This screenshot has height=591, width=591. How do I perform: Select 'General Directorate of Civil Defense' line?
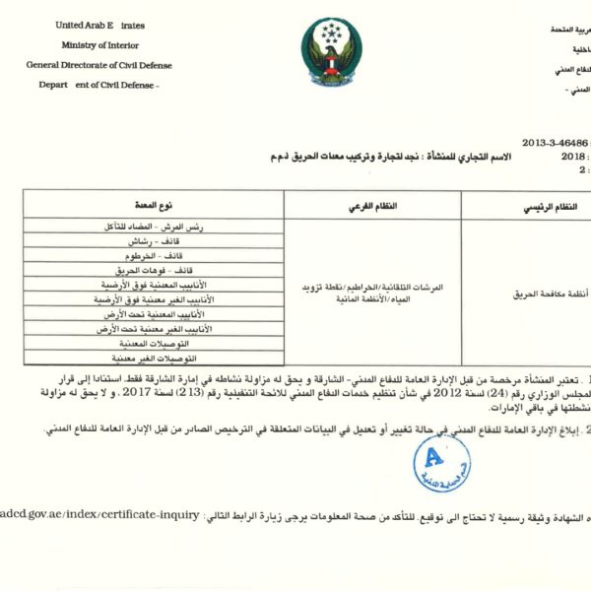[x=98, y=65]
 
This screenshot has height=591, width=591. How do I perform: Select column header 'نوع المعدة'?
[x=153, y=205]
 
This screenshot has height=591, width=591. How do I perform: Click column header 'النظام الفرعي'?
[x=373, y=205]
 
